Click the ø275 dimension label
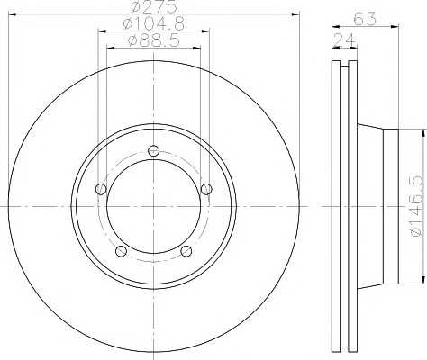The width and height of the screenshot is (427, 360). [x=154, y=7]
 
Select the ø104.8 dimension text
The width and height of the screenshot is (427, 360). [x=153, y=23]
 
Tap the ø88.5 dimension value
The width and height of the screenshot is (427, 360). [x=154, y=40]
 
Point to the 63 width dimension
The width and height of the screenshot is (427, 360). [x=365, y=19]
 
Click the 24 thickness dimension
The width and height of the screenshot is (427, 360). [x=344, y=40]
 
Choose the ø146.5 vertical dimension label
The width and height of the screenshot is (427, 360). [x=418, y=206]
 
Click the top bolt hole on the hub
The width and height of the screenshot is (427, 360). [x=153, y=150]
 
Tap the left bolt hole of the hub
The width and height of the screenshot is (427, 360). [x=101, y=189]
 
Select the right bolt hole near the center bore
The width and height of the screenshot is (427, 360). [x=206, y=189]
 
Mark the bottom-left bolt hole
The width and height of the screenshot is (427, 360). [x=121, y=251]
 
